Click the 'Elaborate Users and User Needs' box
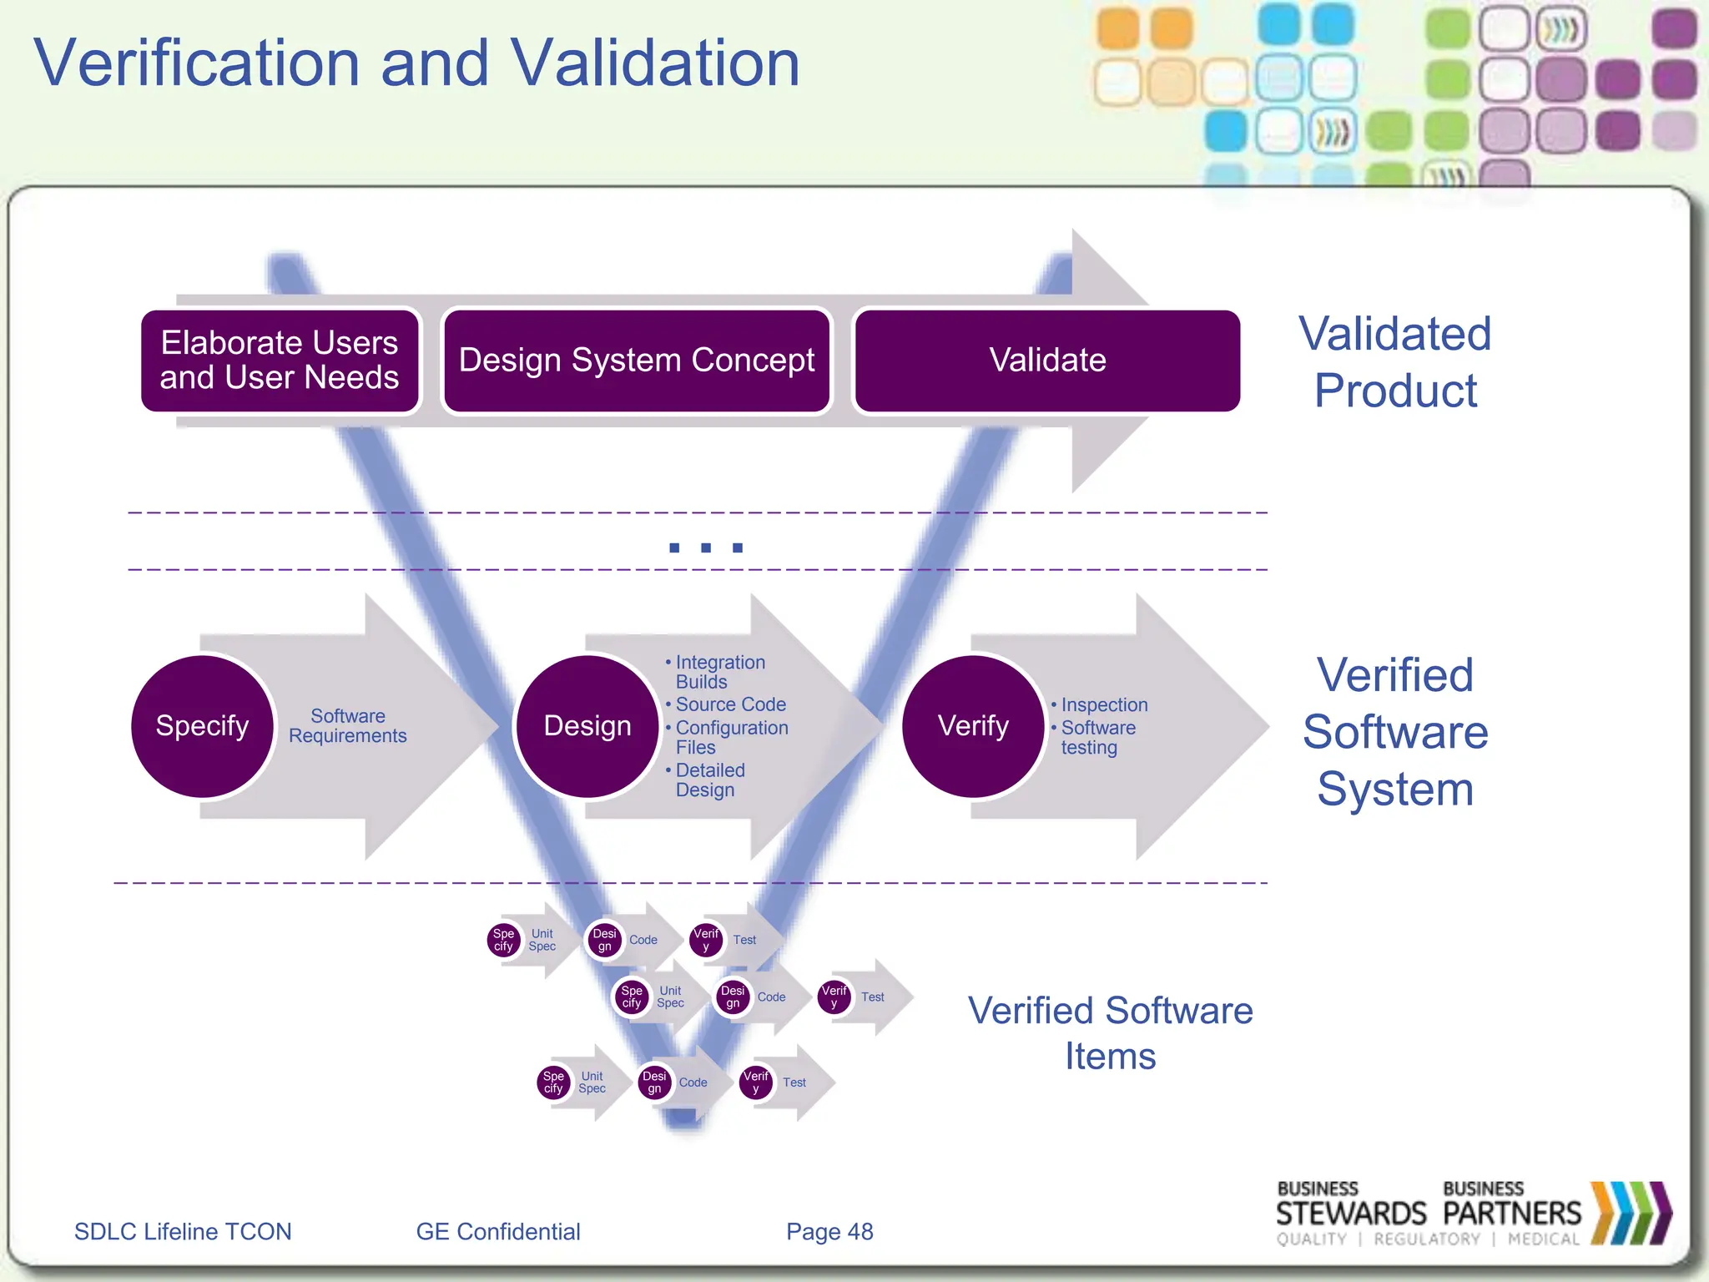pos(280,361)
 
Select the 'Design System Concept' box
pos(636,361)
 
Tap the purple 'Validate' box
pos(1047,361)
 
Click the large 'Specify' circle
pos(203,726)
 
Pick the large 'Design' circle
pos(587,726)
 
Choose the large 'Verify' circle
pos(973,726)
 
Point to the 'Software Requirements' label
pos(348,726)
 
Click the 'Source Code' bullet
pos(730,704)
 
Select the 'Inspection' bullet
pos(1104,705)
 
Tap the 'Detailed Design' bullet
pos(709,780)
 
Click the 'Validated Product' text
pos(1395,362)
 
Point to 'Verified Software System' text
pos(1395,732)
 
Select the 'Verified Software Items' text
pos(1110,1033)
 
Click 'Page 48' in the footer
pos(829,1232)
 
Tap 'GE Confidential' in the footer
pos(498,1232)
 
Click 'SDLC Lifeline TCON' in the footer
pos(183,1232)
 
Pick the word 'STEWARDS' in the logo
pos(1351,1214)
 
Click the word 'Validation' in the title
pos(655,63)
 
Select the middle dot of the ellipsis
pos(706,548)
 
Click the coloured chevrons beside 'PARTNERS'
pos(1631,1213)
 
